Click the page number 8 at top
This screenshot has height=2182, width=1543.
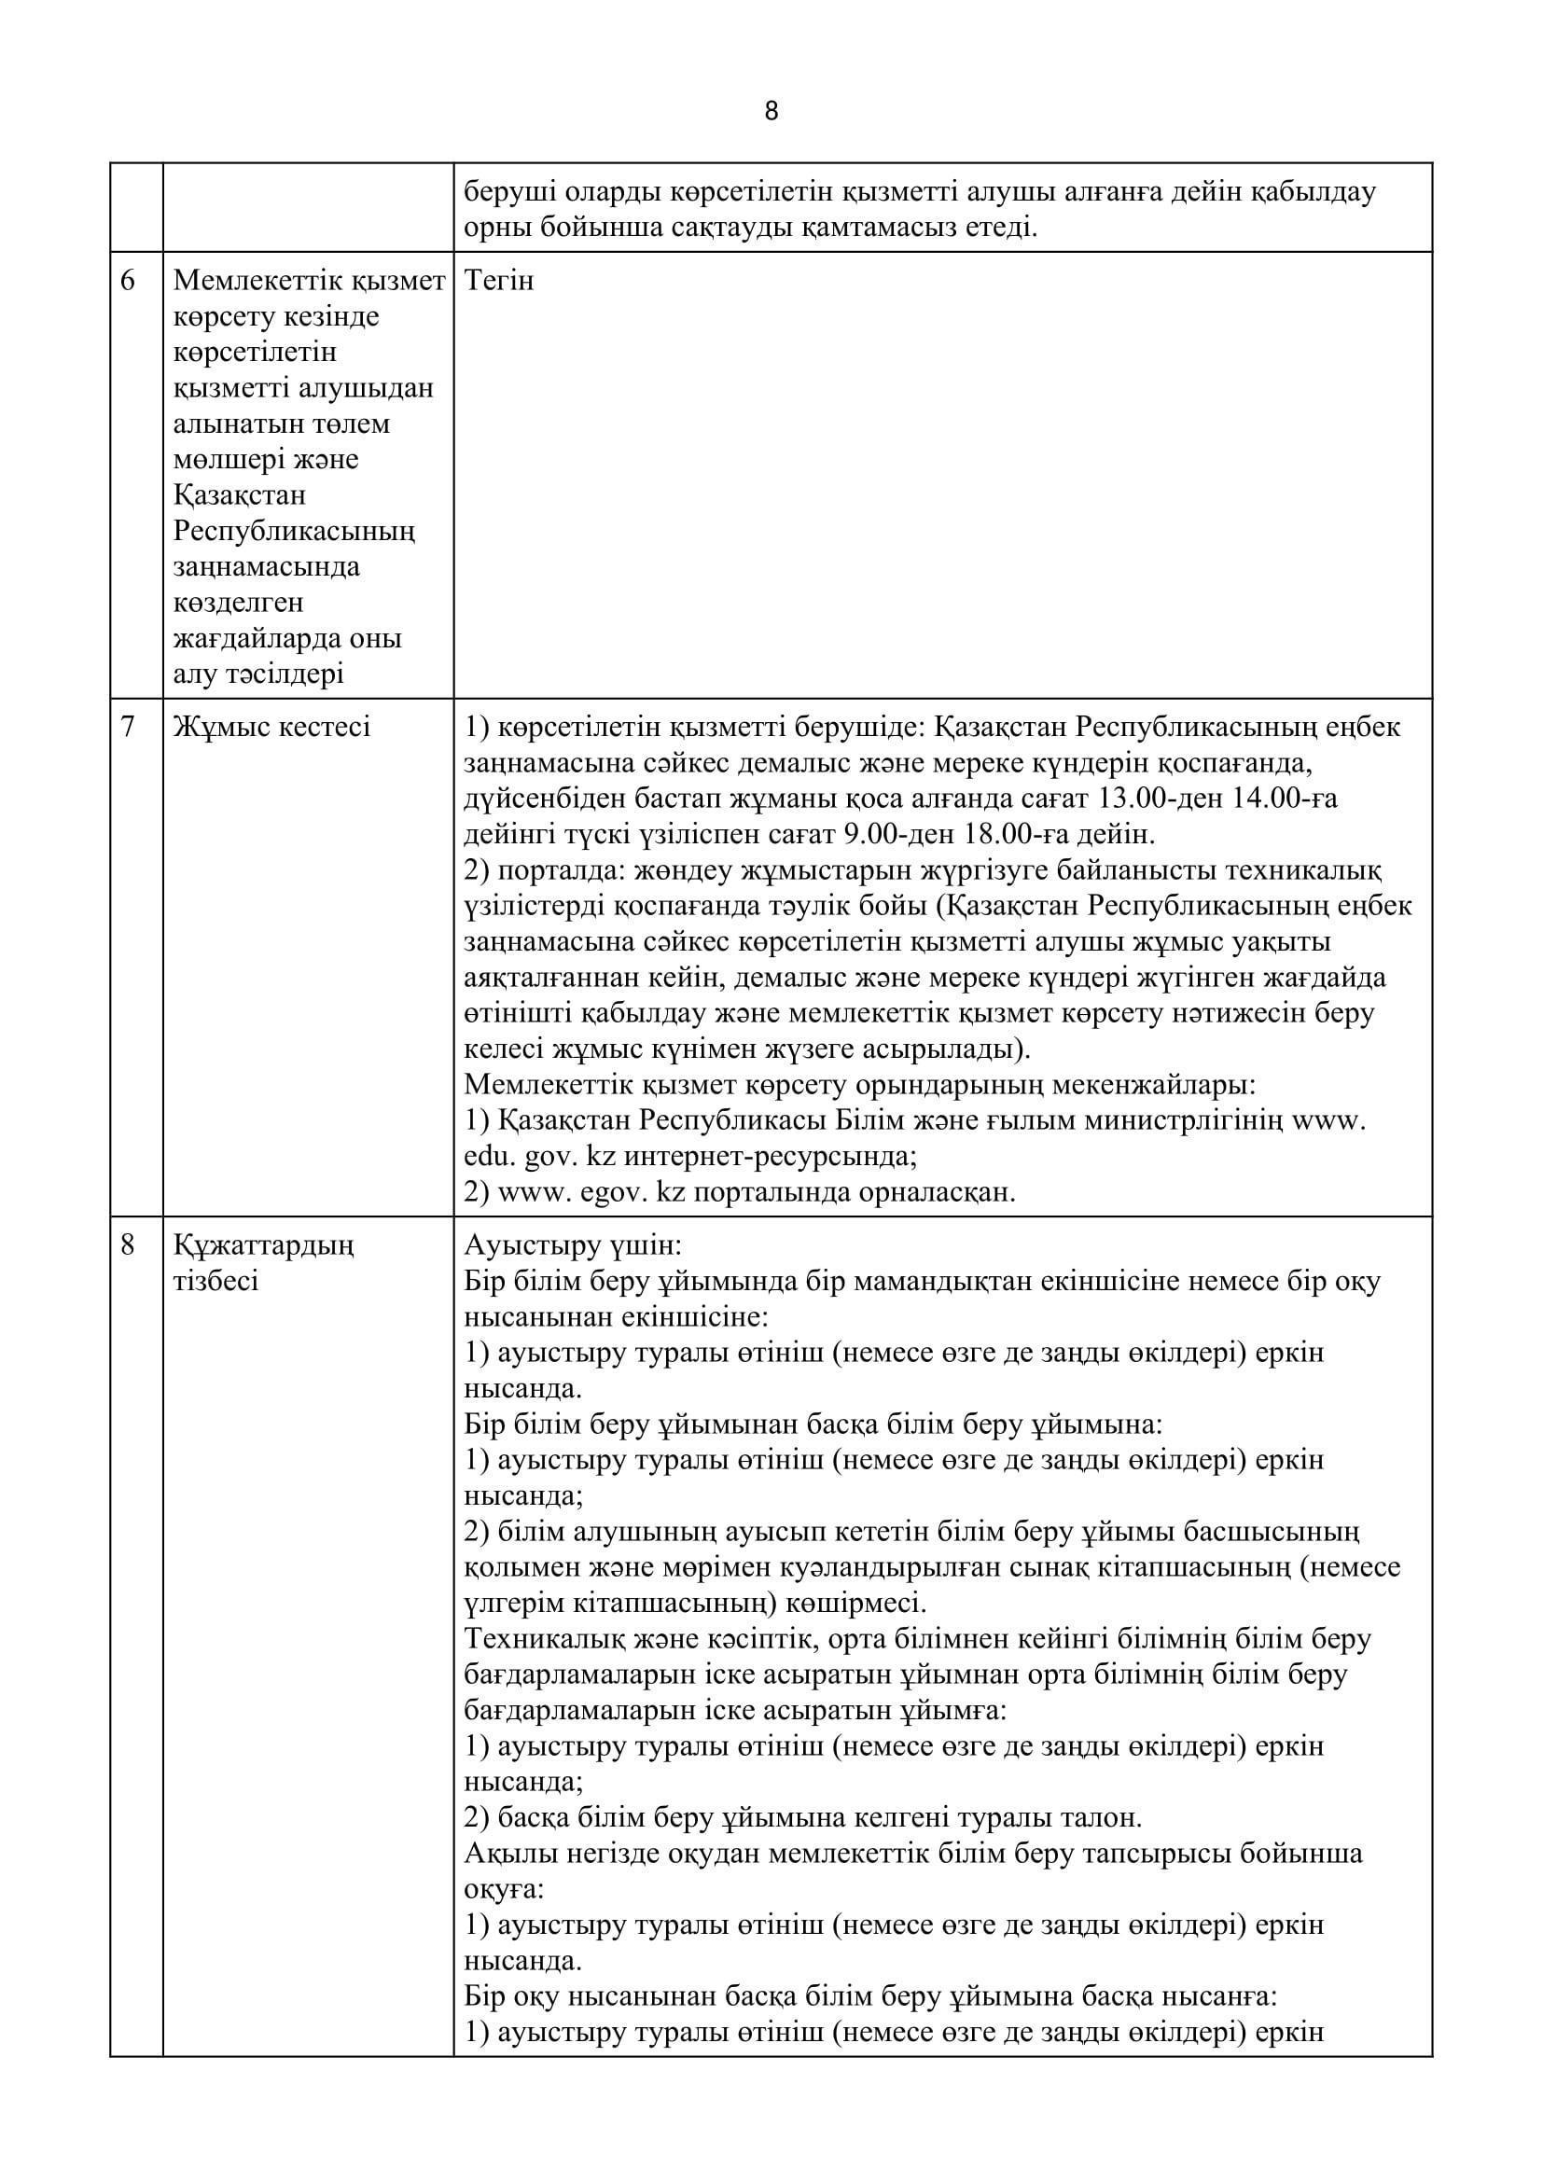coord(771,112)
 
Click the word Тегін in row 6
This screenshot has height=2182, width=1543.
coord(499,282)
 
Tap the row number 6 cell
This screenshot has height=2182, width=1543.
coord(128,282)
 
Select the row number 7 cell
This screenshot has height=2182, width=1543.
coord(128,727)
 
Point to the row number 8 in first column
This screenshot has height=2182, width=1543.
coord(128,1245)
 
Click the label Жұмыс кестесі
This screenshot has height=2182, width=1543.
coord(271,727)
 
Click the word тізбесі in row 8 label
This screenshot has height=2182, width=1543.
coord(215,1281)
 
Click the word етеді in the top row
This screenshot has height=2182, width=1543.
coord(997,228)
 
